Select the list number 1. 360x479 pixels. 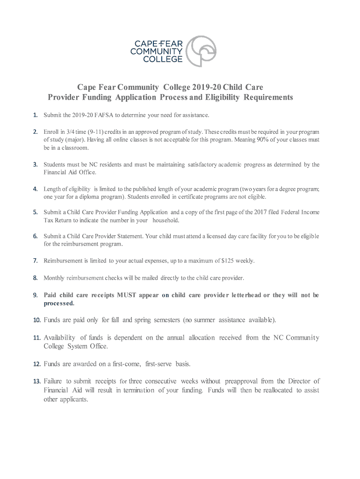pyautogui.click(x=35, y=115)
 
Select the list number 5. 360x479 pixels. pyautogui.click(x=35, y=212)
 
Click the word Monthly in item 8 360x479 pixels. pyautogui.click(x=54, y=278)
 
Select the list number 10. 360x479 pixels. pyautogui.click(x=36, y=320)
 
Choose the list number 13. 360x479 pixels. pyautogui.click(x=36, y=381)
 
